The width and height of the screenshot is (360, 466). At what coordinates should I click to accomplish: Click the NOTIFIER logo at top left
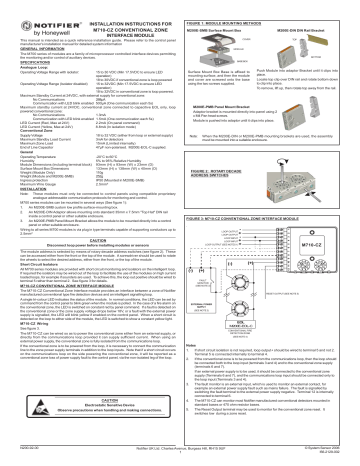pyautogui.click(x=38, y=12)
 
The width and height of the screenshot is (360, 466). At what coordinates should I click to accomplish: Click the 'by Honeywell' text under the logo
pyautogui.click(x=36, y=23)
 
